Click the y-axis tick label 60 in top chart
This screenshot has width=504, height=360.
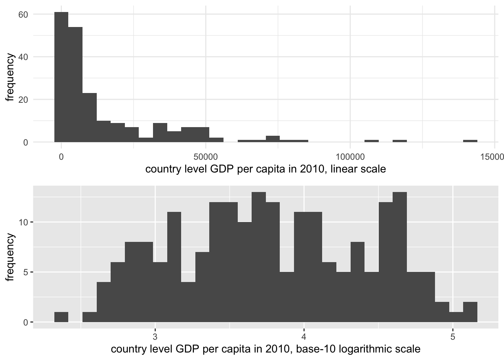click(23, 14)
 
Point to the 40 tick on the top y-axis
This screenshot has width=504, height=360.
click(23, 57)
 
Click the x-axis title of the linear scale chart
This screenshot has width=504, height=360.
click(265, 169)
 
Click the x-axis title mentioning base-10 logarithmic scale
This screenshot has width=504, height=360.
click(265, 349)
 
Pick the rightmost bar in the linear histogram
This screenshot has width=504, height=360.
click(470, 141)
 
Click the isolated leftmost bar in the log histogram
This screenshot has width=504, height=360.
click(61, 317)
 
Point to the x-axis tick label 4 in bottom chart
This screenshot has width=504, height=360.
click(304, 335)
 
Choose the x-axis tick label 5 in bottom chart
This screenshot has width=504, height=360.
click(453, 335)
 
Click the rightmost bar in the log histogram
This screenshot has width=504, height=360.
click(470, 312)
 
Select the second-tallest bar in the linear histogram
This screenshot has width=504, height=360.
click(75, 84)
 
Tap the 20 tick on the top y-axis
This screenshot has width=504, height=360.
click(23, 100)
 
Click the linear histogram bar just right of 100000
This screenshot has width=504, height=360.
click(372, 141)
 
